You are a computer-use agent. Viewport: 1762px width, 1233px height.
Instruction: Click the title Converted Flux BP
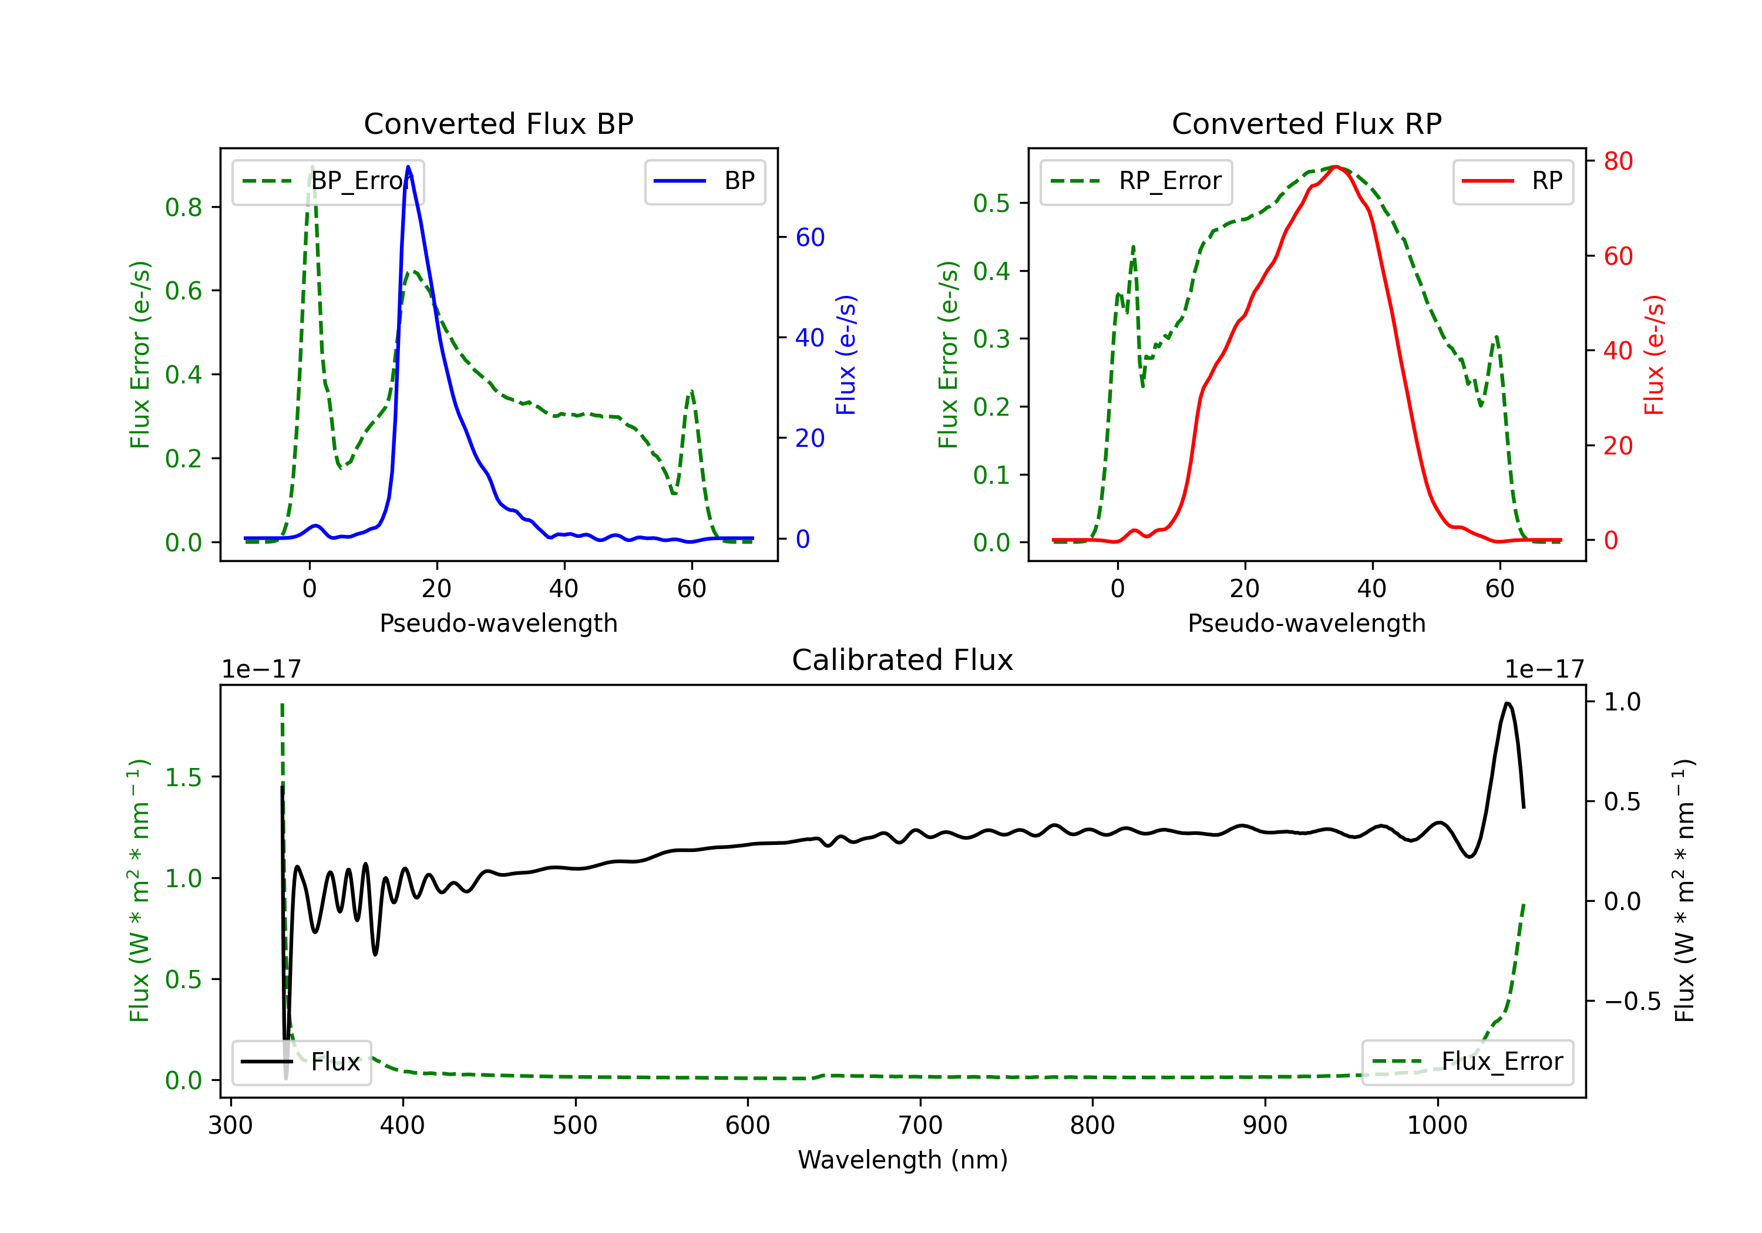(x=498, y=123)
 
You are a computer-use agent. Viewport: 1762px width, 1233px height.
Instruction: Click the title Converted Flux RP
(x=1306, y=123)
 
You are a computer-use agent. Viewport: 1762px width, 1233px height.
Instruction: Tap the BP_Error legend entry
(x=328, y=181)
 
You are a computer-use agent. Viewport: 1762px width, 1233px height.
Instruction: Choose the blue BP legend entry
(x=704, y=181)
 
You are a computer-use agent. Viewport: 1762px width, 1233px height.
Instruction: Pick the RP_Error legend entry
(x=1136, y=181)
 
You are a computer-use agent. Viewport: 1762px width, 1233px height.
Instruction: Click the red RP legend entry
(x=1512, y=181)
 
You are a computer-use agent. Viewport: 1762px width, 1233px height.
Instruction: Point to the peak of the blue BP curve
(x=408, y=167)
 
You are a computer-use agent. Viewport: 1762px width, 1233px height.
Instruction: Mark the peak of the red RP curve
(x=1336, y=167)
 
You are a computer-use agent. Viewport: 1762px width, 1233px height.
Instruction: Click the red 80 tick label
(x=1618, y=161)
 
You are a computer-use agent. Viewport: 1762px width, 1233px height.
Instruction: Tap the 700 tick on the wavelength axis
(x=920, y=1125)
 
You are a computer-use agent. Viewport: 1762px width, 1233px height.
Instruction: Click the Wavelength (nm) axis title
(x=903, y=1160)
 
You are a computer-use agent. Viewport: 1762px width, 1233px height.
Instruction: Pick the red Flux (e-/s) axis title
(x=1654, y=355)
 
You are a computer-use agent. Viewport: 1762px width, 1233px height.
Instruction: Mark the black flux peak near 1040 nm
(x=1508, y=703)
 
